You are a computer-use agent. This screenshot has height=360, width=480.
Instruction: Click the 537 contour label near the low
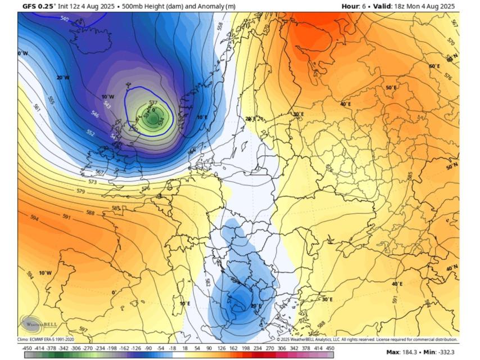click(153, 102)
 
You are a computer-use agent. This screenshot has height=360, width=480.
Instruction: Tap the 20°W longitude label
click(63, 78)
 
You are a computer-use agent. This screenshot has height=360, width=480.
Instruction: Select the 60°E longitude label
click(434, 66)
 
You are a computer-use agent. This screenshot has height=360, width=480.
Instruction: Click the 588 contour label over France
click(90, 213)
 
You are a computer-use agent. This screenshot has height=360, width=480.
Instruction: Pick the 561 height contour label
click(37, 107)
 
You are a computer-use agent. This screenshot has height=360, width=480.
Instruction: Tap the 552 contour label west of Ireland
click(90, 133)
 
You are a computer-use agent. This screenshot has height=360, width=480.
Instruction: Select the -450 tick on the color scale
click(26, 348)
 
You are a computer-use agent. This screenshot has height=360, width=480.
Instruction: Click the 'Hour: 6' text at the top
click(356, 6)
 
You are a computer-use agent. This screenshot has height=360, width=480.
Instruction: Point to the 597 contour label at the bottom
click(83, 329)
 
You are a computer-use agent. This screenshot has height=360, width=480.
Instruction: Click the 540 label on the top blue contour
click(64, 19)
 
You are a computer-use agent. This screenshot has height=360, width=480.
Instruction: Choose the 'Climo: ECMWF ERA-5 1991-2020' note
click(46, 339)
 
